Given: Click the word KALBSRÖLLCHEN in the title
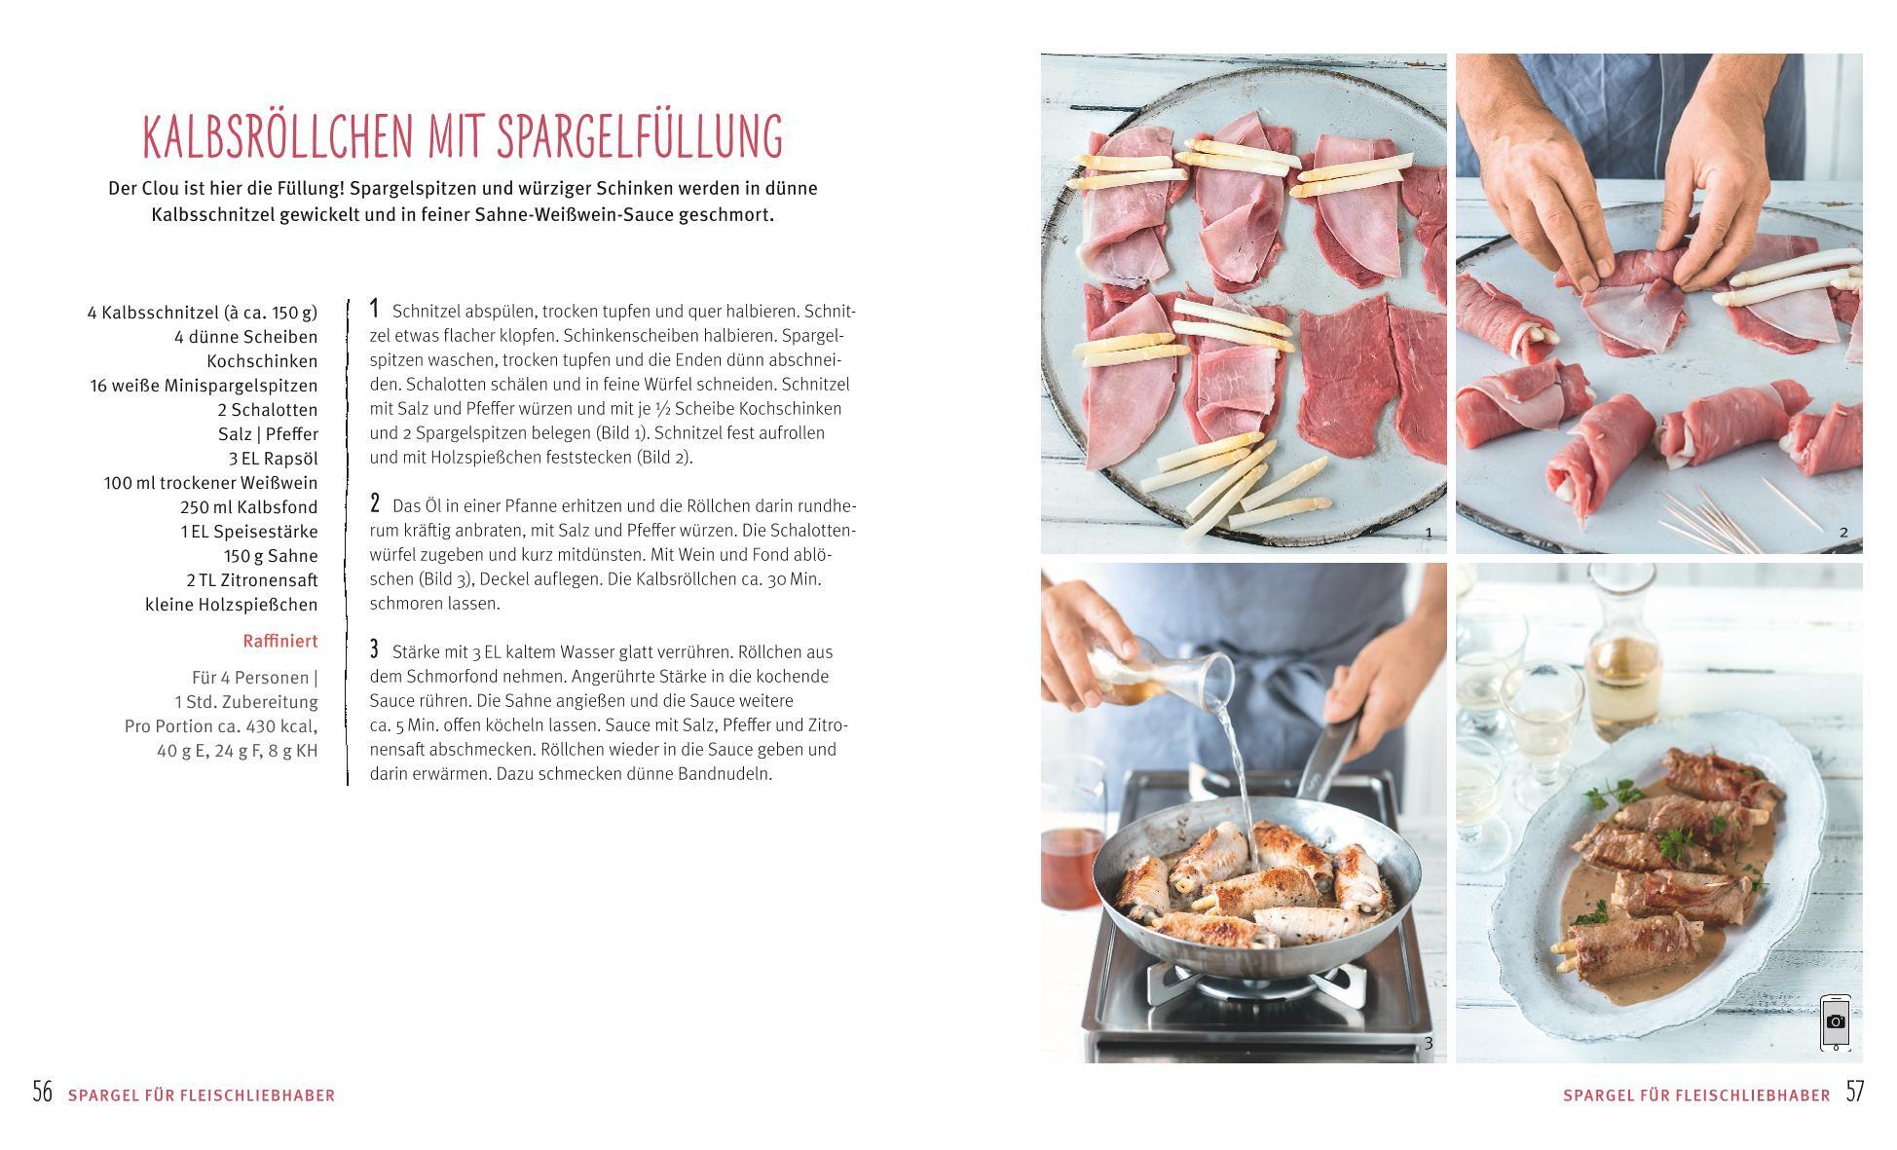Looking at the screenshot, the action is pos(279,136).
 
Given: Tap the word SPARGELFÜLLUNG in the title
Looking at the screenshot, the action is pos(640,136).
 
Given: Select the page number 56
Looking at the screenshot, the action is pos(42,1091).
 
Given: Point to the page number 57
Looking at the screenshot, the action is pos(1854,1091).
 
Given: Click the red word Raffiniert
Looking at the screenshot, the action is pos(280,641).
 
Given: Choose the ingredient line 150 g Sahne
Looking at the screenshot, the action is pos(271,556).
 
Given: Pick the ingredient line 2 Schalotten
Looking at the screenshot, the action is pos(268,410).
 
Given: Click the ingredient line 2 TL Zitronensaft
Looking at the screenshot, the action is pos(252,580).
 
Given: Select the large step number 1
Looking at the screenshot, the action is pos(374,309).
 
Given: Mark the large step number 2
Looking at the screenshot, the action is pos(375,503).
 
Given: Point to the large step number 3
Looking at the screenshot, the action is pos(375,649).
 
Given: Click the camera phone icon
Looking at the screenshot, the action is pos(1835,1022).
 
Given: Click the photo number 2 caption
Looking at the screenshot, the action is pos(1842,533).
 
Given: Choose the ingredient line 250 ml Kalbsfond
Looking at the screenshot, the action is pos(248,507).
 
